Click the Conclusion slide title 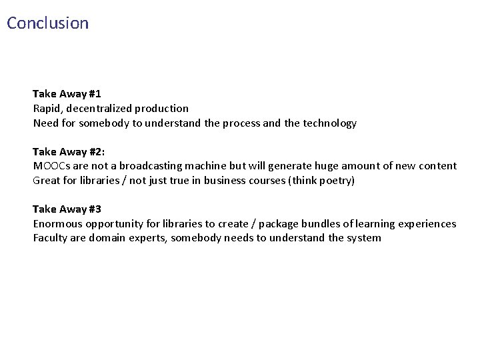(x=47, y=23)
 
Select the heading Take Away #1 (x=67, y=93)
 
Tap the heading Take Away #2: (x=69, y=151)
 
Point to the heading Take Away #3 (x=67, y=209)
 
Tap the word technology (x=331, y=123)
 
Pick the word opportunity (x=114, y=224)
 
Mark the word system (x=363, y=239)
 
